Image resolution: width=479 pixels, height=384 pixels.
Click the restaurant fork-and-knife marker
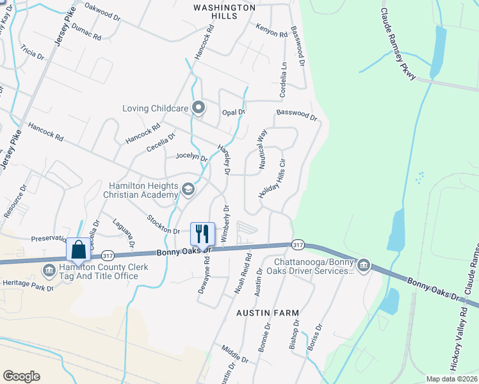(x=202, y=234)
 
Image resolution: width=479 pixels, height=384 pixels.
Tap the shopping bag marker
(x=78, y=249)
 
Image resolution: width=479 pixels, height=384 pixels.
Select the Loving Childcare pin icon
(x=199, y=108)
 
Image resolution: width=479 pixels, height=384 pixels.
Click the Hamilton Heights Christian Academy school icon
(x=188, y=189)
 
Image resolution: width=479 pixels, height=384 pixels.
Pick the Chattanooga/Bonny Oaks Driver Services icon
(x=364, y=264)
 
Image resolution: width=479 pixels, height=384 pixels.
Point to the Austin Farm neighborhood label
(x=268, y=312)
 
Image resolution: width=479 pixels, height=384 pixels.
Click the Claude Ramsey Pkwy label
(x=398, y=45)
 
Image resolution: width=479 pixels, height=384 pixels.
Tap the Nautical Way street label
(x=262, y=150)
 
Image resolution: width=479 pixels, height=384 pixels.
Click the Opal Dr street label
(x=234, y=112)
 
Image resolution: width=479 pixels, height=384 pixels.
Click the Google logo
(x=21, y=376)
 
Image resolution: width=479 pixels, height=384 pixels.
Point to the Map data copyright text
(x=451, y=379)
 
